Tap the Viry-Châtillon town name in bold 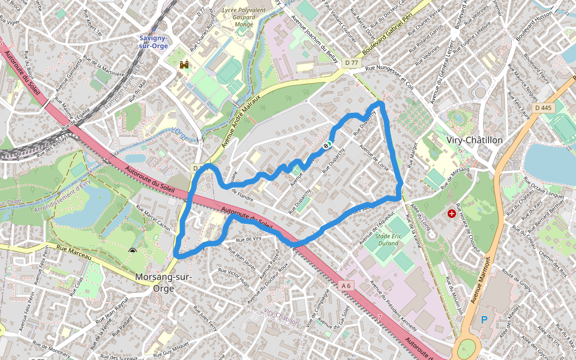(475, 140)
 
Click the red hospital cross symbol (451, 214)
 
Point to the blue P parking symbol (484, 320)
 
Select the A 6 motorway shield (346, 286)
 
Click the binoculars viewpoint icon (184, 65)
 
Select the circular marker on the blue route (328, 145)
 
